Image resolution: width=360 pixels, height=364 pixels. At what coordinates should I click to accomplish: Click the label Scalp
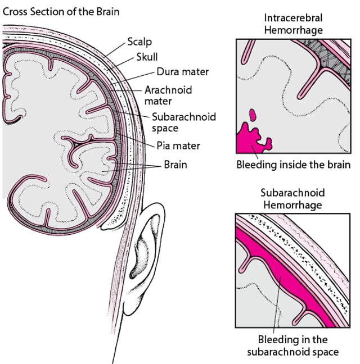click(139, 42)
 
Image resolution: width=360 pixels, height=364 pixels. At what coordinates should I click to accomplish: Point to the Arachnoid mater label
click(168, 95)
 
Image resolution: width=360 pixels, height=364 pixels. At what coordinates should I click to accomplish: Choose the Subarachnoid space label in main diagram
click(184, 122)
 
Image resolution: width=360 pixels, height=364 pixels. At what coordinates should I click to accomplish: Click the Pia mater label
click(178, 146)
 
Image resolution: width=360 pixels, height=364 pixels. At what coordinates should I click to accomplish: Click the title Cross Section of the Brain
click(61, 11)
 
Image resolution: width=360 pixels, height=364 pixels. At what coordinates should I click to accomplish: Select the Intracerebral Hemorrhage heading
click(292, 22)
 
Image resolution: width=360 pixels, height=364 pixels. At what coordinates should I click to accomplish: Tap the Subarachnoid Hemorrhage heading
click(292, 199)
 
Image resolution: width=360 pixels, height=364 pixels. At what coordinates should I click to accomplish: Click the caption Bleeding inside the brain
click(292, 165)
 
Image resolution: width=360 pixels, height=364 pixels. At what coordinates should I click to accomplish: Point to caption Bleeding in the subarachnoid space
click(292, 346)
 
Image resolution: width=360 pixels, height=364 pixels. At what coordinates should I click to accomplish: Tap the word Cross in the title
click(16, 11)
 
